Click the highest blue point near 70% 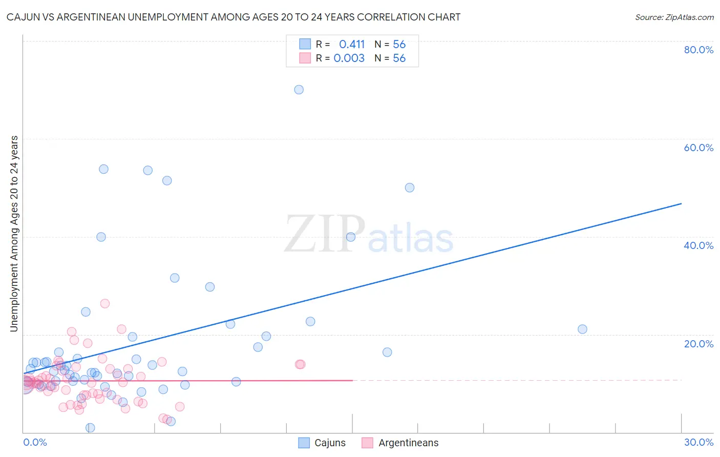click(x=299, y=90)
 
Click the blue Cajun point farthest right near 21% click(x=582, y=329)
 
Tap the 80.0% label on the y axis click(x=698, y=50)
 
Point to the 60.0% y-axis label click(x=698, y=148)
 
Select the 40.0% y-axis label click(x=698, y=245)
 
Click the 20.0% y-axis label click(x=698, y=344)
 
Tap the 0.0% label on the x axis click(x=35, y=442)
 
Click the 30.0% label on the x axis click(x=698, y=442)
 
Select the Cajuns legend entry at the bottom click(x=322, y=443)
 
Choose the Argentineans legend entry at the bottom click(x=400, y=443)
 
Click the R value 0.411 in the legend click(x=352, y=44)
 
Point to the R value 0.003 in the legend click(x=349, y=58)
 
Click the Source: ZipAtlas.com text click(x=674, y=17)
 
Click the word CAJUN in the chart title click(x=24, y=17)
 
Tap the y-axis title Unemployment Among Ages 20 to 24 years click(x=14, y=234)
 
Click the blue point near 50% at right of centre click(x=410, y=188)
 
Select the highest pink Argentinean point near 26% click(x=105, y=303)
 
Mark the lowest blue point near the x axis click(x=90, y=428)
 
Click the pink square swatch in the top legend click(x=305, y=58)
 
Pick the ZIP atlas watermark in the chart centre click(x=369, y=235)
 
